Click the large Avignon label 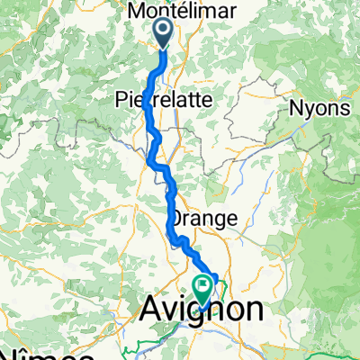click(203, 311)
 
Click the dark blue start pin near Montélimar click(165, 34)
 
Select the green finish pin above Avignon click(204, 288)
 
